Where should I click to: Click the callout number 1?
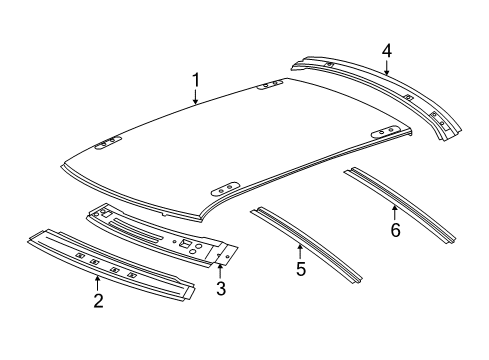click(x=196, y=78)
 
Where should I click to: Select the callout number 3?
click(x=220, y=289)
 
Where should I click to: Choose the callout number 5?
click(x=299, y=268)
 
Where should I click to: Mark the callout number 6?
click(x=394, y=230)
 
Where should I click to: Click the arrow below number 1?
click(x=196, y=96)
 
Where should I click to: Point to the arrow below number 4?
click(x=386, y=68)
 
